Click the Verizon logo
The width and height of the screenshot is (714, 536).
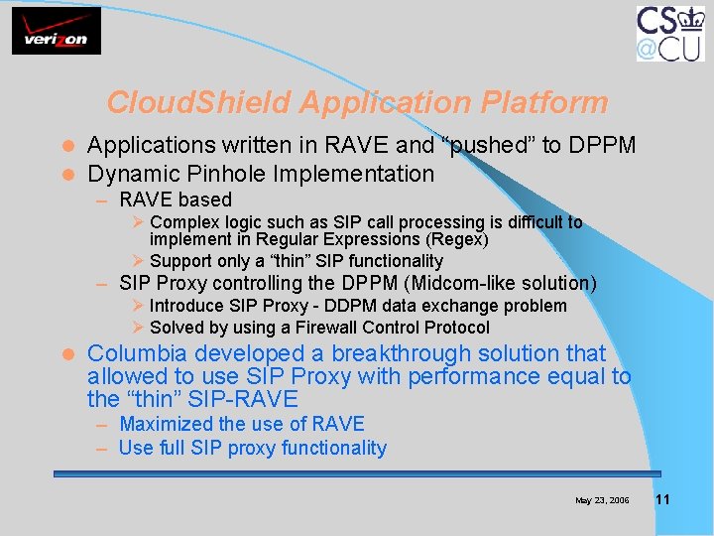(57, 31)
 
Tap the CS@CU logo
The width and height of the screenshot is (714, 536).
(669, 33)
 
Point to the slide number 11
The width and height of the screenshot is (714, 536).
(662, 499)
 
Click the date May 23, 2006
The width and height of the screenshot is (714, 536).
(602, 500)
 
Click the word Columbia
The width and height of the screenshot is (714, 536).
(138, 353)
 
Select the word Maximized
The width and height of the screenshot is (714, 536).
(163, 424)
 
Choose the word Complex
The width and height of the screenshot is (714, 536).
(183, 222)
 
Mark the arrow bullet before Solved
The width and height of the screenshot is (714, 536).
(139, 328)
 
